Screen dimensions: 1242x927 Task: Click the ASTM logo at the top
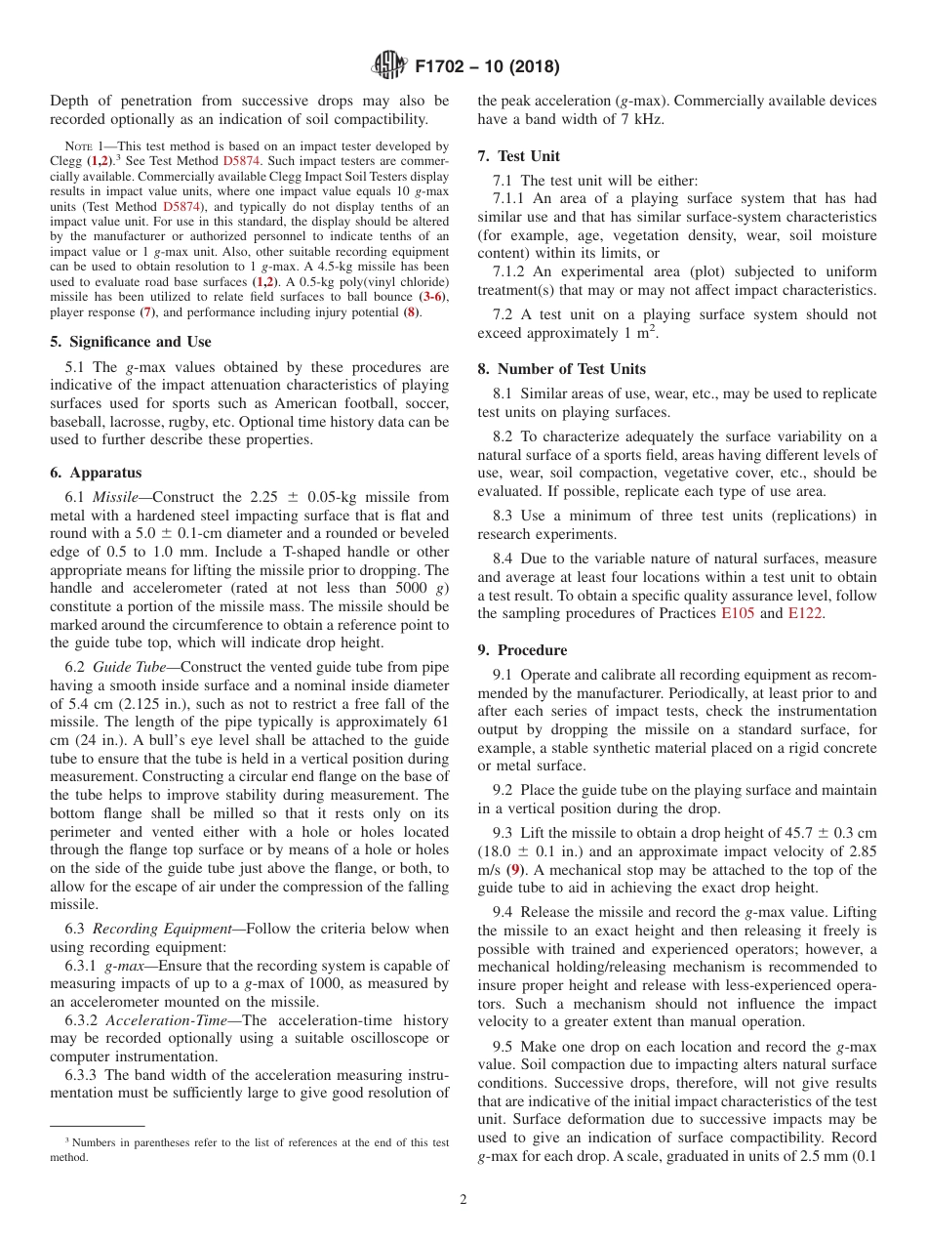pyautogui.click(x=389, y=67)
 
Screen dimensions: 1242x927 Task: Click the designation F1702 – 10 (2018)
pyautogui.click(x=487, y=67)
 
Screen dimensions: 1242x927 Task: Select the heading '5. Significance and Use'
pyautogui.click(x=131, y=342)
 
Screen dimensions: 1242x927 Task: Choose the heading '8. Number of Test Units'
pyautogui.click(x=561, y=368)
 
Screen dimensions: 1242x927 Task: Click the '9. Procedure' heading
pyautogui.click(x=522, y=649)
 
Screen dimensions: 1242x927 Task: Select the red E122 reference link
pyautogui.click(x=806, y=613)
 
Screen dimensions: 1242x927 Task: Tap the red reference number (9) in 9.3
pyautogui.click(x=515, y=869)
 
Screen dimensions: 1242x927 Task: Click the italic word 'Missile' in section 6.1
pyautogui.click(x=115, y=497)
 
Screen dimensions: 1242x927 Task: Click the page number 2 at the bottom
pyautogui.click(x=463, y=1200)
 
